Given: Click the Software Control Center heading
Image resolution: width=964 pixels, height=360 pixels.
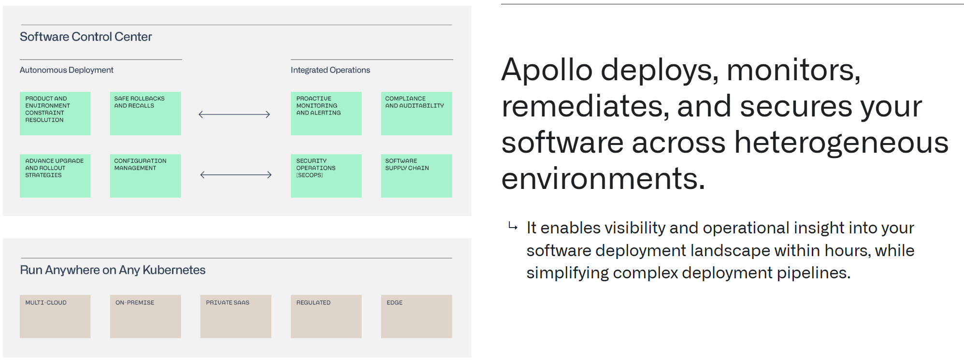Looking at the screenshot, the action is point(86,37).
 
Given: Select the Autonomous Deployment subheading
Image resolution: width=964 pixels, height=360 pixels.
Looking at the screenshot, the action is point(66,70).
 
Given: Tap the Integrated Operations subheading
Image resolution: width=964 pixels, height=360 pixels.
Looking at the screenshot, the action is point(330,70).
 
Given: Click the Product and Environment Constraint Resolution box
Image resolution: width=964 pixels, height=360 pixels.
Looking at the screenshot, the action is point(55,114).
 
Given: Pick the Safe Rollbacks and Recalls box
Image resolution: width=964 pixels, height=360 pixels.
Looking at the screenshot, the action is point(145,114).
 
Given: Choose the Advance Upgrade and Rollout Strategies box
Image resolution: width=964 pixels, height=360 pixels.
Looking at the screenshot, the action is point(55,175).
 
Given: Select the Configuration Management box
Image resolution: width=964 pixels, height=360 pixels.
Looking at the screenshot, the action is point(145,175).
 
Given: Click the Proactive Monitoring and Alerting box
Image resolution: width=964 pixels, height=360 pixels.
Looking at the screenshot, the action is point(326,114).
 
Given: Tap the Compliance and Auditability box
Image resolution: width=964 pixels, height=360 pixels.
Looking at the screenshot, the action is point(416,114).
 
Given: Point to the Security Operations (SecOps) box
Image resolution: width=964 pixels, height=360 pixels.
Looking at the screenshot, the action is point(326,175).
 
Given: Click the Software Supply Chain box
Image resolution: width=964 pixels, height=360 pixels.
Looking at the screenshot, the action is point(416,175).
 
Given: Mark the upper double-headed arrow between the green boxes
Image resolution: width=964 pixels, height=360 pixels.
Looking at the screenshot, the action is point(234,115).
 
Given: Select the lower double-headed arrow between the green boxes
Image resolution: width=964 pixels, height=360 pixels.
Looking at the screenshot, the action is point(236,175).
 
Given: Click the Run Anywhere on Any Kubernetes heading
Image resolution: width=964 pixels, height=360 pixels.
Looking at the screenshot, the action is point(113,270).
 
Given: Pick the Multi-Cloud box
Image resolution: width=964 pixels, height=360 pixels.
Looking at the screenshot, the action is point(55,317).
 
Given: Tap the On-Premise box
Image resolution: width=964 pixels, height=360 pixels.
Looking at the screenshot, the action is point(145,317).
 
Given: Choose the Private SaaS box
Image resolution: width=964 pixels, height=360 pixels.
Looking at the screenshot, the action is point(236,317).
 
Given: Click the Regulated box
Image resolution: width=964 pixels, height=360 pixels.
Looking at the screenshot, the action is point(326,317).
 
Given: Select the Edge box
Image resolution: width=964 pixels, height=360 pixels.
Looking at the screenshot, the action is point(416,317).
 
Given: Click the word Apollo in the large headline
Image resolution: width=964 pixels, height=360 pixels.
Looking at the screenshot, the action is point(547,70).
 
